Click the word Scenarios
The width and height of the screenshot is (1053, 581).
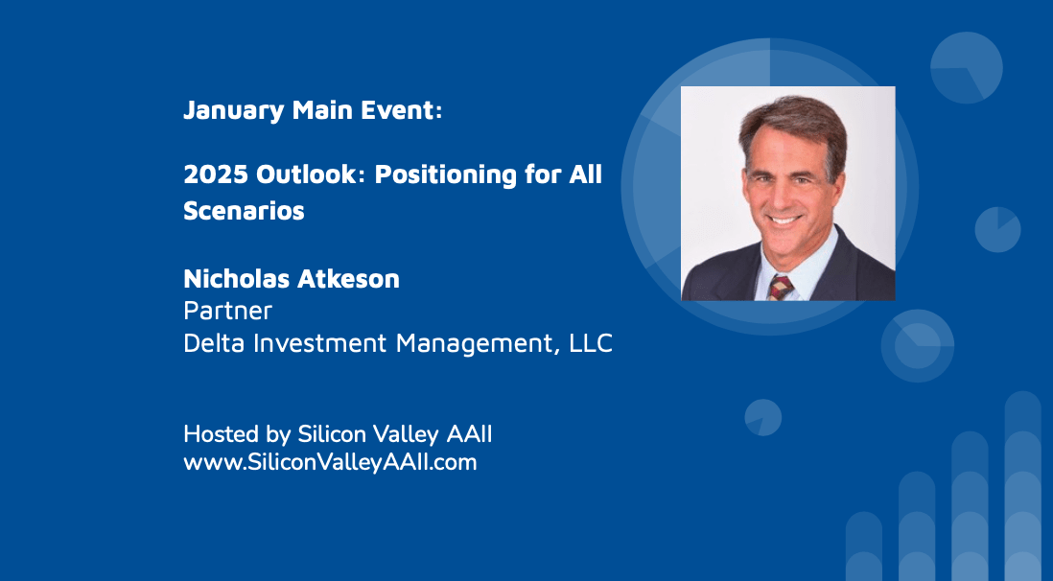pyautogui.click(x=244, y=211)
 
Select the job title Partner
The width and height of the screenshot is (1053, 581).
pyautogui.click(x=227, y=311)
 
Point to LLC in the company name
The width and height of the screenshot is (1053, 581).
pyautogui.click(x=591, y=343)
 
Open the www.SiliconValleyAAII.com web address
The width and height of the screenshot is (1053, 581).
pyautogui.click(x=331, y=462)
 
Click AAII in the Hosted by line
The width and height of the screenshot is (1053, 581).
pyautogui.click(x=469, y=434)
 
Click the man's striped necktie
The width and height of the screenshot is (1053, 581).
pyautogui.click(x=781, y=287)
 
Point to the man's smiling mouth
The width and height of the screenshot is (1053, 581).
pyautogui.click(x=784, y=220)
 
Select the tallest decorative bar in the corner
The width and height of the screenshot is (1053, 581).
pyautogui.click(x=1022, y=486)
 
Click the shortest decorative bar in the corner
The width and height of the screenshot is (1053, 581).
pyautogui.click(x=864, y=546)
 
